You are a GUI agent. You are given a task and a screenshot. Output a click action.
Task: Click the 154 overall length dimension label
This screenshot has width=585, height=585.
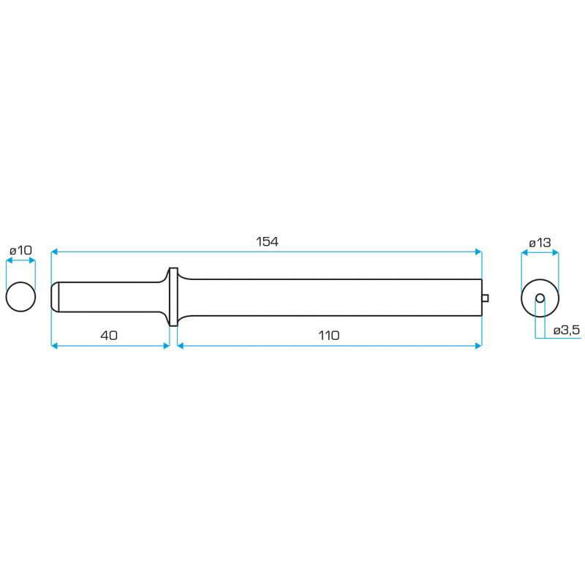(268, 241)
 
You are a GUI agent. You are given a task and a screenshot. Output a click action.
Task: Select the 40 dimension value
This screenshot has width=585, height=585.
(109, 335)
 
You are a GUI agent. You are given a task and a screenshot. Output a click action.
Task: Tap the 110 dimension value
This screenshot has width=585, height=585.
(329, 335)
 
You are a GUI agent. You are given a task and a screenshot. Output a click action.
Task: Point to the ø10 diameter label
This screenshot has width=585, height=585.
(20, 250)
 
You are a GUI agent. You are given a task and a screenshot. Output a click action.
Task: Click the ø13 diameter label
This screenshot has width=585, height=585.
(539, 243)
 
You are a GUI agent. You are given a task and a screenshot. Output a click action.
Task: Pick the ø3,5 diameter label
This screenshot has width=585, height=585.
(567, 330)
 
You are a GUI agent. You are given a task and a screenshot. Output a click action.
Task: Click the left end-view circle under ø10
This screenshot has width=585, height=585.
(20, 297)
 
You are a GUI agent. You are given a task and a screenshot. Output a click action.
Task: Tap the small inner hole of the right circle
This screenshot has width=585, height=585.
(540, 298)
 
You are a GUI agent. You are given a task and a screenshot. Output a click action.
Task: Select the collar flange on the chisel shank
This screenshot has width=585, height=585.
(173, 297)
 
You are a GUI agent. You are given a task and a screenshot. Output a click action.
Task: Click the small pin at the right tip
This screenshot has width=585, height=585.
(486, 297)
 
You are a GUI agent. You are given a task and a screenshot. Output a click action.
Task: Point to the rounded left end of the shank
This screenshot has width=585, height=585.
(54, 297)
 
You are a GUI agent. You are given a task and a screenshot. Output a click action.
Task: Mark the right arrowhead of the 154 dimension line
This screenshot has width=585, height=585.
(479, 252)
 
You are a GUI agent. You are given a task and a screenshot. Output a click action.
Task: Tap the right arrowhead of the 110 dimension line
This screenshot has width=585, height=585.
(479, 345)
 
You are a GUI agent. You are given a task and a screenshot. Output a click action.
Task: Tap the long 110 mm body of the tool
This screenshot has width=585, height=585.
(329, 297)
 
